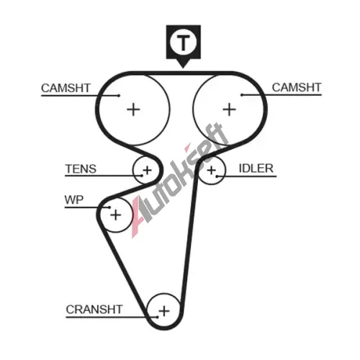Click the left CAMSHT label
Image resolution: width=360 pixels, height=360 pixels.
point(66,88)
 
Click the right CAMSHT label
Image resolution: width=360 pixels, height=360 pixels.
point(297,87)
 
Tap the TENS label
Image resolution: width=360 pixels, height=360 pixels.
point(81,168)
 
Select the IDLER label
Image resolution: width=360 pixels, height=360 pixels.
point(256,168)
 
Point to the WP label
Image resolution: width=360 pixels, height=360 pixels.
point(74,199)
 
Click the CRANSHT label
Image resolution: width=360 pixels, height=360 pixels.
point(94,310)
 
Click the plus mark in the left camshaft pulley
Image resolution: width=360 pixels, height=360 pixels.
point(133,109)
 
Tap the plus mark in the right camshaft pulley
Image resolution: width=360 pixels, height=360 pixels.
point(230,109)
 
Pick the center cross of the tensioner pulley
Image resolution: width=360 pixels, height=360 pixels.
point(147,171)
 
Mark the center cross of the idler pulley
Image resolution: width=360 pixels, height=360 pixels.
point(212,171)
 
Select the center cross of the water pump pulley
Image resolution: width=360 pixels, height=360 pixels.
point(116,215)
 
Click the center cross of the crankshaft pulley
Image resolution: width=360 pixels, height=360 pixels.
point(164,311)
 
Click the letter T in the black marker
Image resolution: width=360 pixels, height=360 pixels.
point(184,42)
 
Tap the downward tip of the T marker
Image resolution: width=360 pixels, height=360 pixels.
point(183,68)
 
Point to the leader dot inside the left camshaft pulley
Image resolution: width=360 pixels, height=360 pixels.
point(119,96)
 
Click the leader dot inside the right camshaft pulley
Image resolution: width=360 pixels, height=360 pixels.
point(242,95)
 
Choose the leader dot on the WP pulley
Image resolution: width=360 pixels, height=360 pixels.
point(109,207)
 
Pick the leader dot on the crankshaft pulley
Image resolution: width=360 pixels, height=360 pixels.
point(158,317)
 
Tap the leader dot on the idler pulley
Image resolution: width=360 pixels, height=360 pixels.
point(217,176)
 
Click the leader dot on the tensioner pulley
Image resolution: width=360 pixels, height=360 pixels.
point(142,176)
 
